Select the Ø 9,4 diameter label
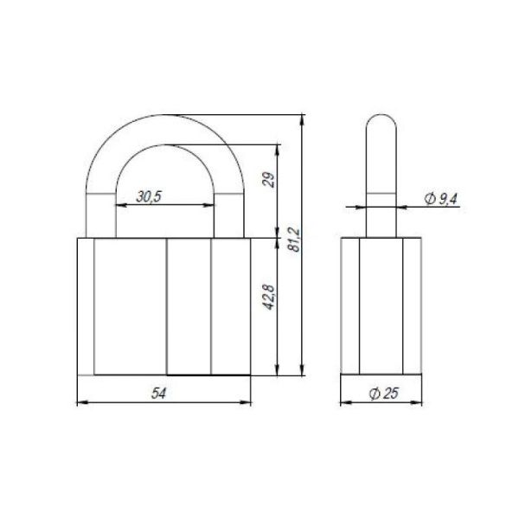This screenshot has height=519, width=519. tap(441, 199)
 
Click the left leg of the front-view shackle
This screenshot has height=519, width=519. tap(99, 208)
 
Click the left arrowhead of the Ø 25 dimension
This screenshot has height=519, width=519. tap(343, 403)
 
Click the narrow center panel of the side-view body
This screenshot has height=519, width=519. tap(381, 306)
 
